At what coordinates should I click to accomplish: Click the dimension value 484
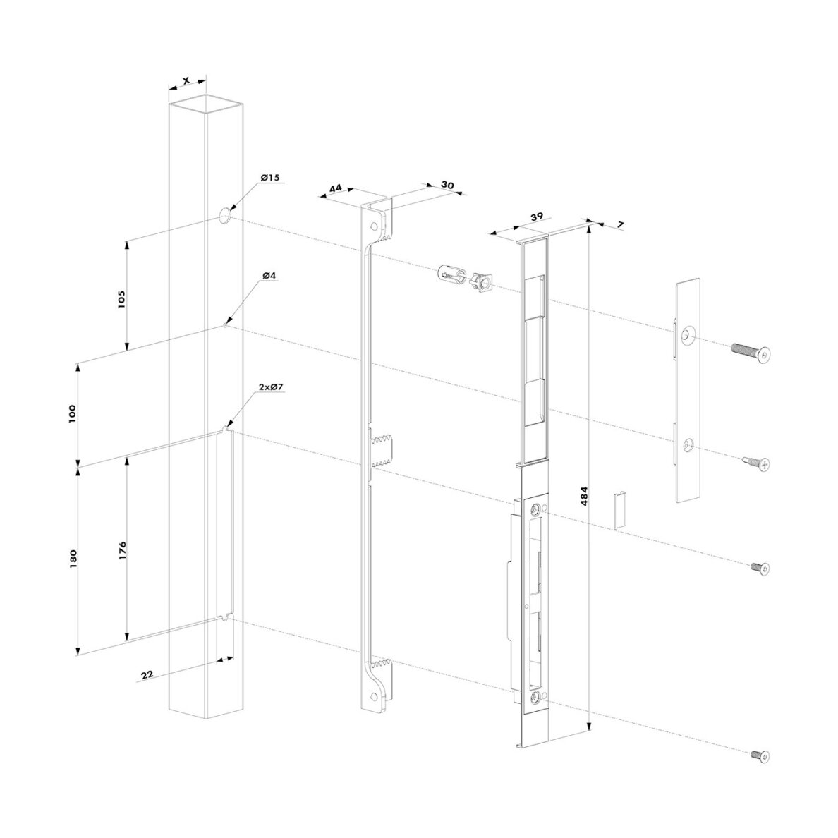click(584, 497)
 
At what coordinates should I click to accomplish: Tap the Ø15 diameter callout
click(270, 177)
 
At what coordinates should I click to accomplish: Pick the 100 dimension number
click(73, 414)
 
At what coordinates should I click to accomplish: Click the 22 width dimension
click(147, 674)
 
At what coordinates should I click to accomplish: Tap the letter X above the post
click(186, 80)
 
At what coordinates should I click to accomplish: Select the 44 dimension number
click(336, 188)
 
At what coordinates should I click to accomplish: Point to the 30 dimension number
click(447, 185)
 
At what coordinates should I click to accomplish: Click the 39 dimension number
click(537, 217)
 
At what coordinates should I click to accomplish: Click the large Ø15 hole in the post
click(225, 216)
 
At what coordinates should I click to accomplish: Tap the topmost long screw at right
click(751, 352)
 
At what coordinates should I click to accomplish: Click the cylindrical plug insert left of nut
click(450, 275)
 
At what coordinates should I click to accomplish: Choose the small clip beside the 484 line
click(620, 509)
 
